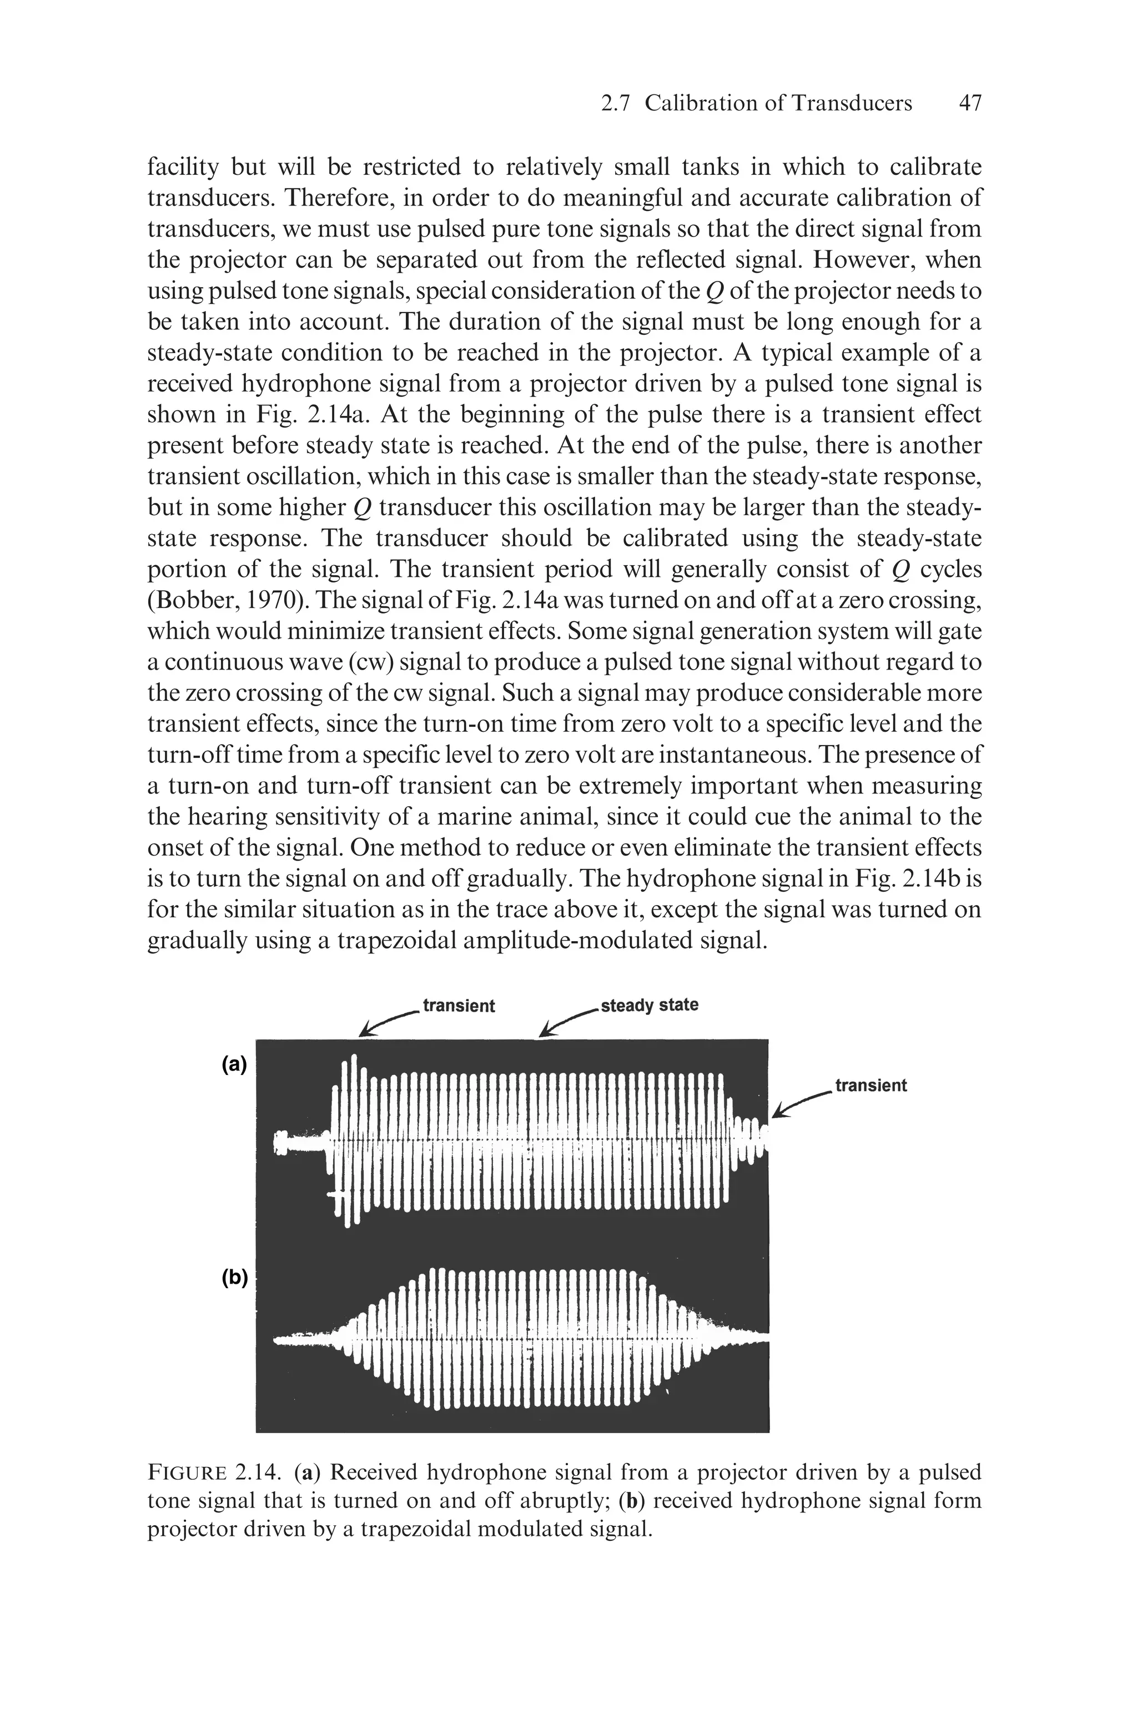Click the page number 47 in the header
pos(969,104)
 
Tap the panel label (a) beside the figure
pos(234,1064)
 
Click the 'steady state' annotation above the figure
pos(650,1005)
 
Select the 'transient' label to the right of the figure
pos(871,1085)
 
